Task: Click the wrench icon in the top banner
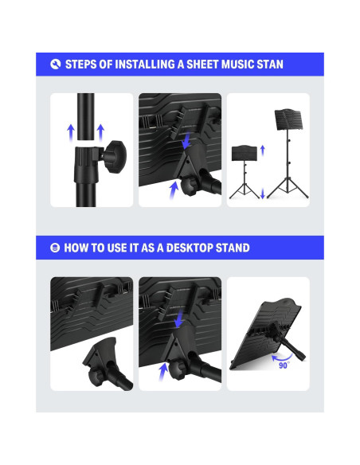click(56, 64)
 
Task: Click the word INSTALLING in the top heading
click(145, 64)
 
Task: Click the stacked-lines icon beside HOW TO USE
click(55, 248)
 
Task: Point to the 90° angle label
click(284, 365)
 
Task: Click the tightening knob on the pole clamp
click(115, 156)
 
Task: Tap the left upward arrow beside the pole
click(71, 132)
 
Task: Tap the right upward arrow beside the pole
click(100, 132)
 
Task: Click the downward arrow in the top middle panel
click(187, 141)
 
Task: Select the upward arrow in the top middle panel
click(174, 190)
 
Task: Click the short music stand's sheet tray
click(245, 153)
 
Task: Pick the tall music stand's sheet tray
click(288, 119)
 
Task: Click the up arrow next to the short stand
click(263, 150)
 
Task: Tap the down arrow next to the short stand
click(263, 193)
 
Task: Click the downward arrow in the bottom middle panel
click(178, 320)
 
